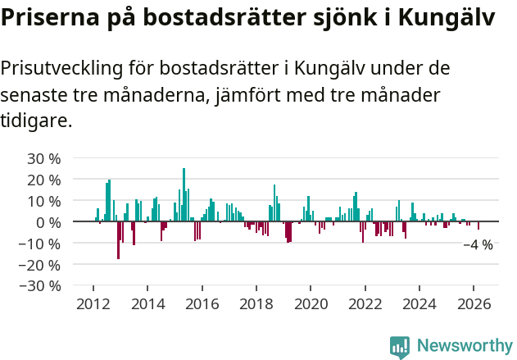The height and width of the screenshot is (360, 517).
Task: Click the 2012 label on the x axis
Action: pyautogui.click(x=93, y=304)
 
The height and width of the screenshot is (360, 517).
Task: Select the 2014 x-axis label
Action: pyautogui.click(x=147, y=304)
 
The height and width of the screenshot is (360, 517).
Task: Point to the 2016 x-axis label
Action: pyautogui.click(x=202, y=304)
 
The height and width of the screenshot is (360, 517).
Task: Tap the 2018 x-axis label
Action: pyautogui.click(x=256, y=304)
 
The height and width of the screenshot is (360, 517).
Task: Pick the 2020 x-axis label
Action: pyautogui.click(x=311, y=304)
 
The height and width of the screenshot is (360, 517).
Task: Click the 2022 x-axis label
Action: pyautogui.click(x=365, y=304)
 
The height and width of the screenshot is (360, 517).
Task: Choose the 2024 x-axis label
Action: pyautogui.click(x=419, y=304)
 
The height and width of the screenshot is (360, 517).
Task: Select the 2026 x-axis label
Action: pyautogui.click(x=474, y=304)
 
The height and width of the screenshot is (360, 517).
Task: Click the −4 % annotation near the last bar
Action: pyautogui.click(x=478, y=244)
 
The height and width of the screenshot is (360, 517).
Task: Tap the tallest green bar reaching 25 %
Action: pyautogui.click(x=184, y=195)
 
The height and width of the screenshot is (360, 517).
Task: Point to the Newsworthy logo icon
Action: pyautogui.click(x=400, y=346)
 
